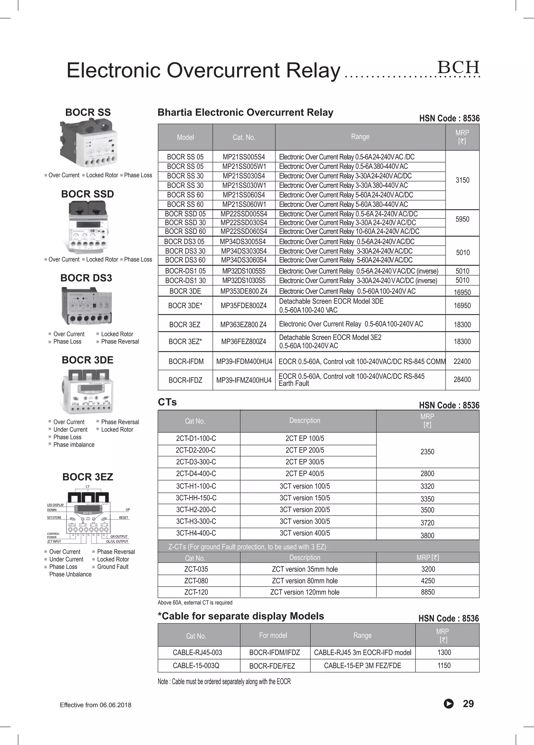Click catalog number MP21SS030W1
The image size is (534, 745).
click(244, 185)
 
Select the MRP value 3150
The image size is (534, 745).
click(462, 180)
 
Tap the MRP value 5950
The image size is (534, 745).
click(462, 219)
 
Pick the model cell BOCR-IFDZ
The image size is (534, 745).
click(185, 380)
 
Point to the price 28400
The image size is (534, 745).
click(462, 379)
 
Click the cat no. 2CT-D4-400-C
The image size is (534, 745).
click(196, 473)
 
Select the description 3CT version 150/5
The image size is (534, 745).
click(305, 498)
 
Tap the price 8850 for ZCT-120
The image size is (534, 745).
click(428, 592)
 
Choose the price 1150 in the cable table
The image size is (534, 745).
click(444, 665)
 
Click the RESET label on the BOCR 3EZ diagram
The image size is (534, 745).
click(124, 517)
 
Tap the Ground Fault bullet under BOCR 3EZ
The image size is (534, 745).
click(113, 567)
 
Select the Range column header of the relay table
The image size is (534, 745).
click(360, 137)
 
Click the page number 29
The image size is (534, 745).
click(468, 704)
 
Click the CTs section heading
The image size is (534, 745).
click(167, 402)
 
